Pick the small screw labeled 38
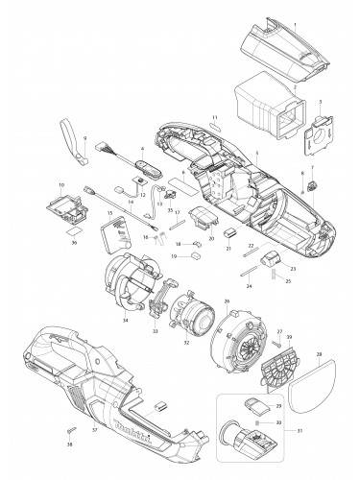click(x=71, y=428)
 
